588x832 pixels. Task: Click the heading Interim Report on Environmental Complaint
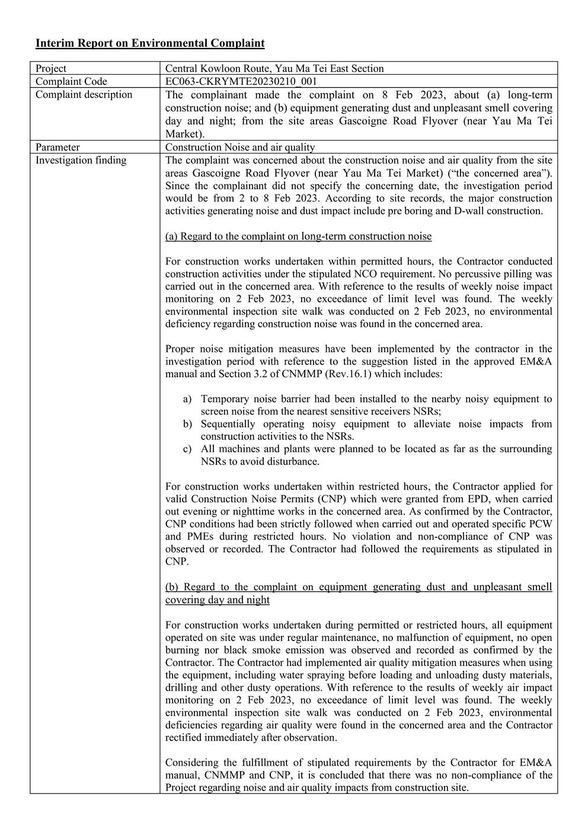point(150,43)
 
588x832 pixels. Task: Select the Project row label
point(51,69)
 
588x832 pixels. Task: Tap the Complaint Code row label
point(71,82)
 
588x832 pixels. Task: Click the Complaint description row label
point(84,95)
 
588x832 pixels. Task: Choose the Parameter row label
point(57,147)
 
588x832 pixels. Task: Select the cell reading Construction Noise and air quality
point(240,147)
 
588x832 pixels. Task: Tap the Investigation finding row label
point(81,160)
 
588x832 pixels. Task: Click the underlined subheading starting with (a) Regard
point(298,237)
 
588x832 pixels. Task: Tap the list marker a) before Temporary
point(187,400)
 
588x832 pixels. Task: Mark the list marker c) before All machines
point(187,450)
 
